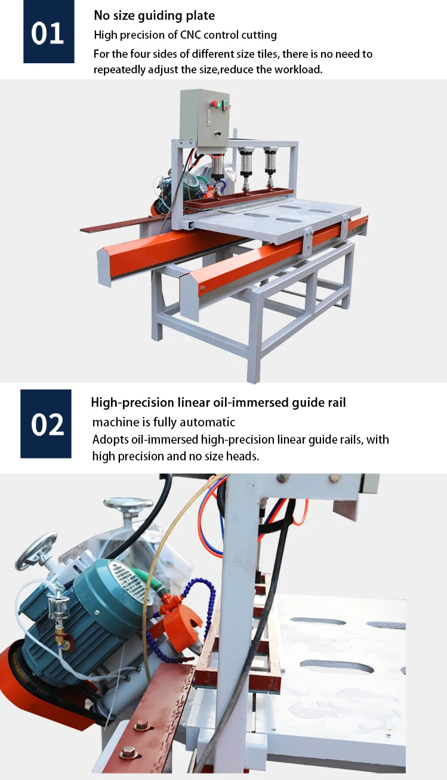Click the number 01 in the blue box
tap(48, 33)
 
